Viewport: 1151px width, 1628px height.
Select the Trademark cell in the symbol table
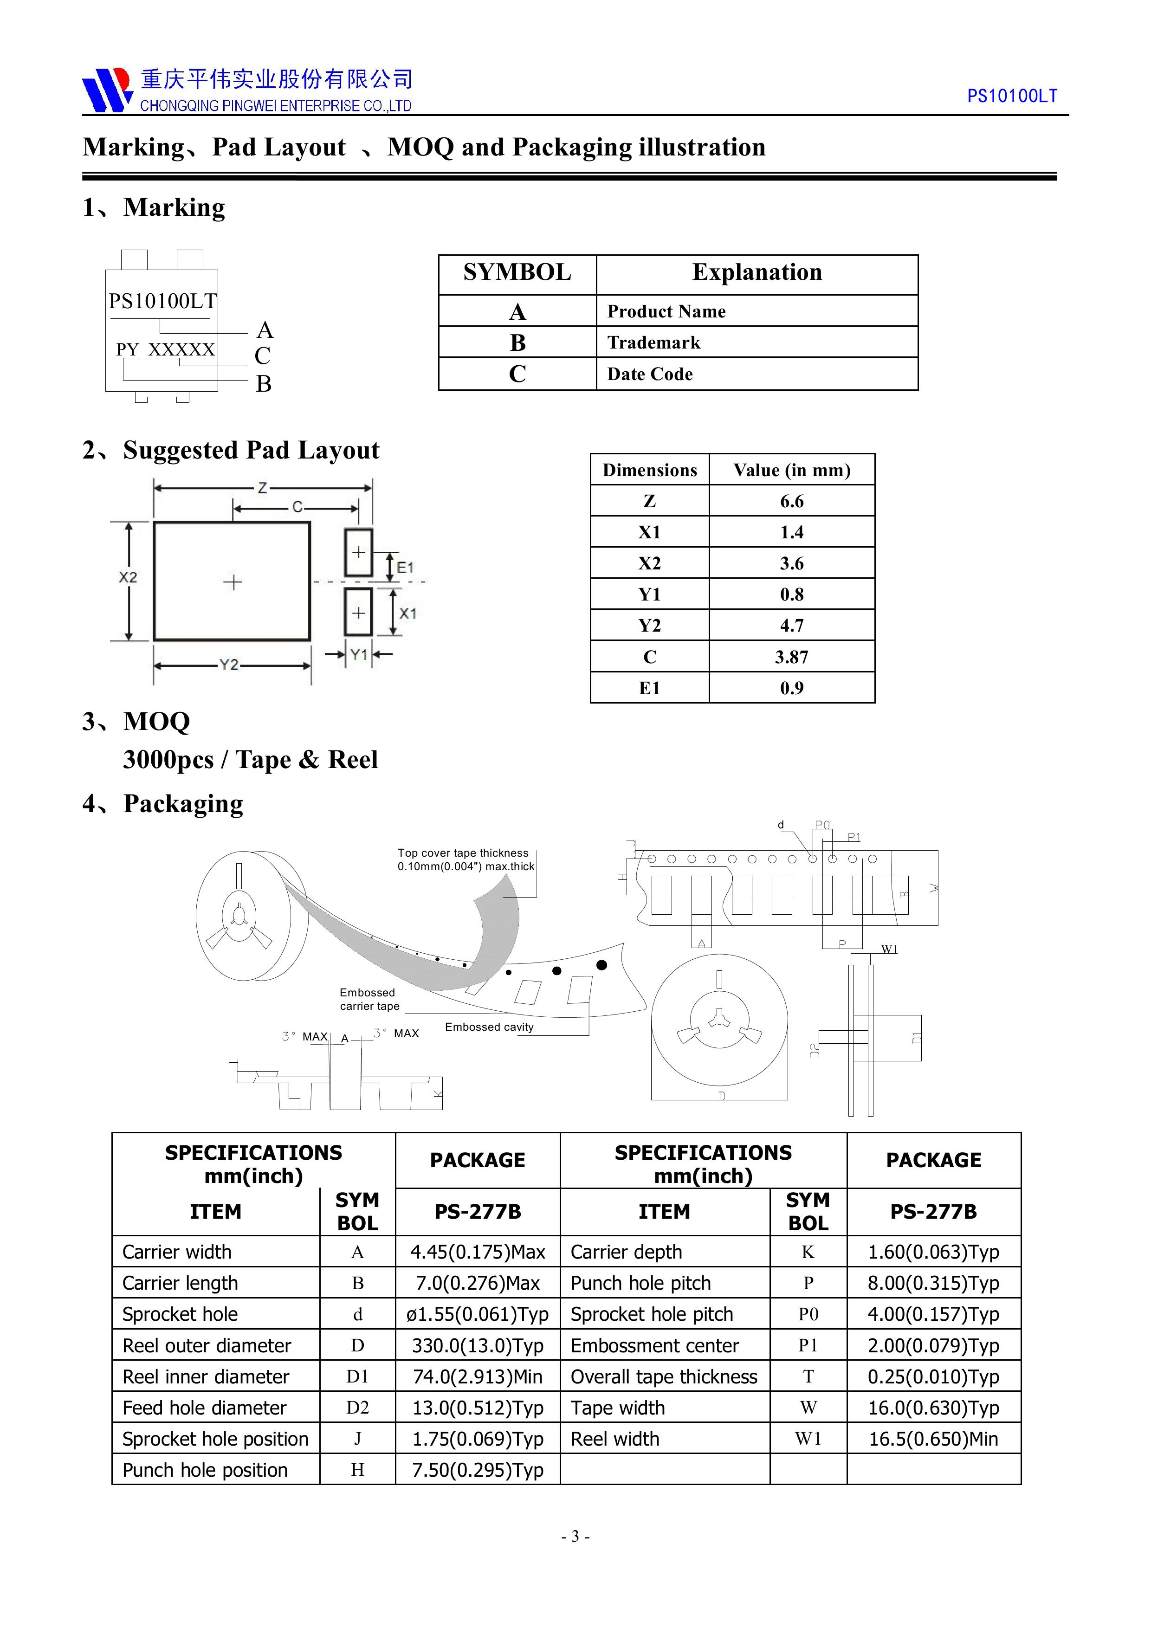pyautogui.click(x=653, y=342)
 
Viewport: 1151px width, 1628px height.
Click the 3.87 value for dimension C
pyautogui.click(x=791, y=657)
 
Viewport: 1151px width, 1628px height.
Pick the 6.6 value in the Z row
pyautogui.click(x=791, y=501)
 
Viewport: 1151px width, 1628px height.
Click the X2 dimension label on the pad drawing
pyautogui.click(x=128, y=577)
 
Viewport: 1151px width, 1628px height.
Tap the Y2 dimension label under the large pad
pyautogui.click(x=228, y=665)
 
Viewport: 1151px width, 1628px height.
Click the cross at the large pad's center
pyautogui.click(x=233, y=582)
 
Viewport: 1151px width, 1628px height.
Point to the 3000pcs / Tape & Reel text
pyautogui.click(x=250, y=759)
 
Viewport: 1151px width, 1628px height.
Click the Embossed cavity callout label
pyautogui.click(x=489, y=1027)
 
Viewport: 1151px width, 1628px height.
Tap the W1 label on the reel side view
pyautogui.click(x=889, y=950)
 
